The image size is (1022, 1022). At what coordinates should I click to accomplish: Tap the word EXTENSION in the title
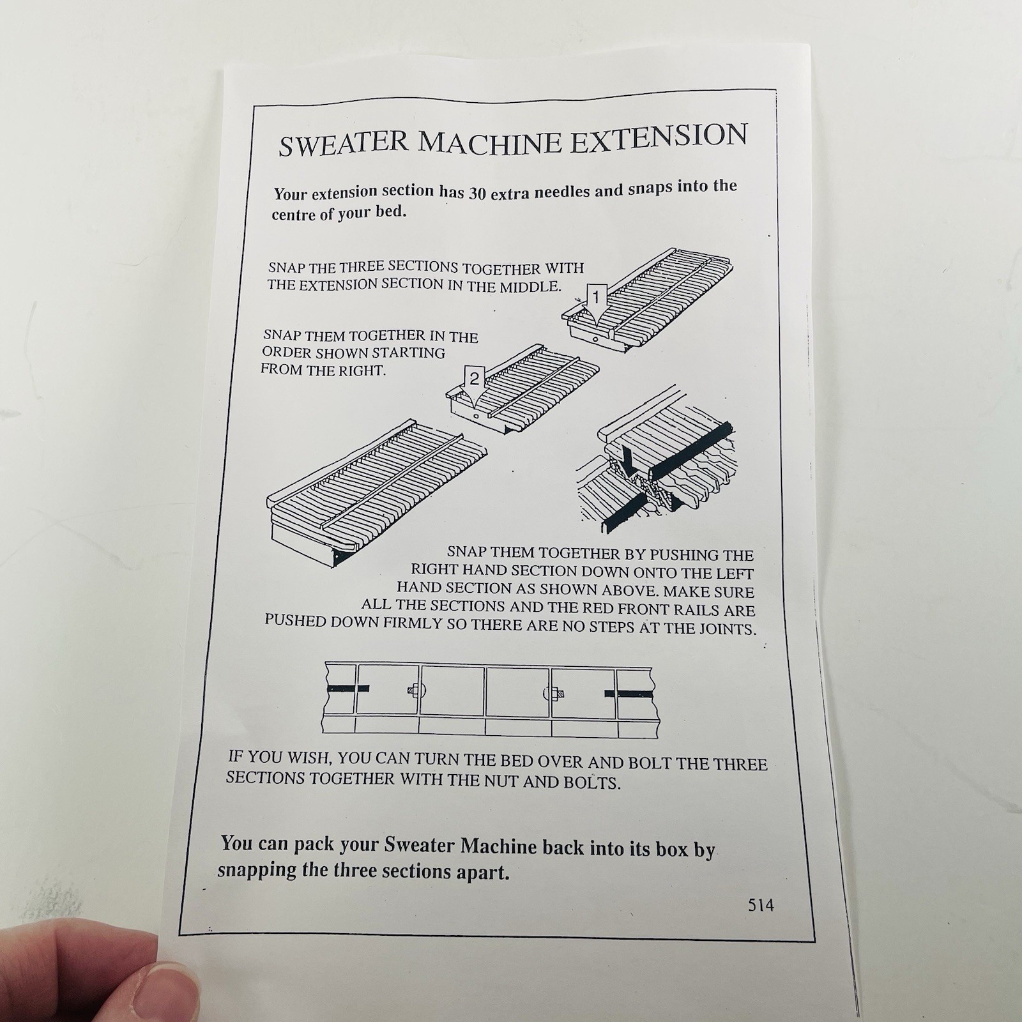click(x=658, y=138)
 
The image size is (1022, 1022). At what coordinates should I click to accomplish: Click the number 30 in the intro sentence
click(x=478, y=193)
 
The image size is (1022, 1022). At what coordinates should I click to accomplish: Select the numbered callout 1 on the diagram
click(x=596, y=297)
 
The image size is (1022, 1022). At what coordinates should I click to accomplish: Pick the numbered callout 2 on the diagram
click(x=474, y=379)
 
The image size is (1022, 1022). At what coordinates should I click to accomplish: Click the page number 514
click(x=761, y=904)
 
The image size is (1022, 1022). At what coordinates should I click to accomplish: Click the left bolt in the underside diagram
click(x=413, y=691)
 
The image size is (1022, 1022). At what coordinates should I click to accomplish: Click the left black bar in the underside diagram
click(x=348, y=688)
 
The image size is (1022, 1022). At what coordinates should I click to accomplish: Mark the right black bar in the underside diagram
click(x=628, y=692)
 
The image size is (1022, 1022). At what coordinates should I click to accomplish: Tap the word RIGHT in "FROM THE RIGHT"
click(x=364, y=370)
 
